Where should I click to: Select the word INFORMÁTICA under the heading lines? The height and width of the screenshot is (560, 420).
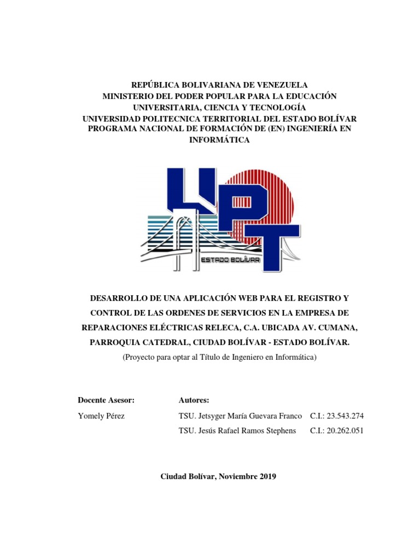pyautogui.click(x=219, y=140)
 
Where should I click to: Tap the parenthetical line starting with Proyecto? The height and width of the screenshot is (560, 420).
pyautogui.click(x=219, y=357)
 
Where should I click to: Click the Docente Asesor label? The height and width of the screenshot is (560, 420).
pyautogui.click(x=106, y=400)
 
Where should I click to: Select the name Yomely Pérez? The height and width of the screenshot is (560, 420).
pyautogui.click(x=102, y=416)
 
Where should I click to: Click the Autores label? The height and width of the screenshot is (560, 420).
pyautogui.click(x=194, y=400)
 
